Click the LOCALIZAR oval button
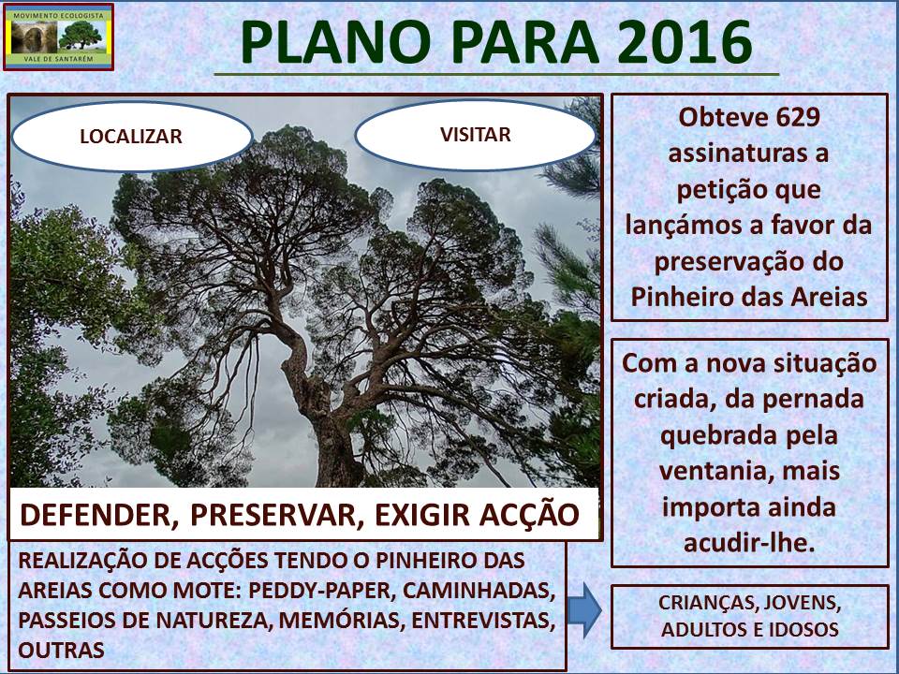(132, 137)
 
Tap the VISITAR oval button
(476, 135)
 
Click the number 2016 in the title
(685, 42)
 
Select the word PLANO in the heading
(336, 42)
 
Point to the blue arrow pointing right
(584, 609)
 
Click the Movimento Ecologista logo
(58, 37)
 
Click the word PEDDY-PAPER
(318, 591)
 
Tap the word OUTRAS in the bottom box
(62, 650)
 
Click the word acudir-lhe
(749, 543)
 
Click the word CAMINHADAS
(479, 591)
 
